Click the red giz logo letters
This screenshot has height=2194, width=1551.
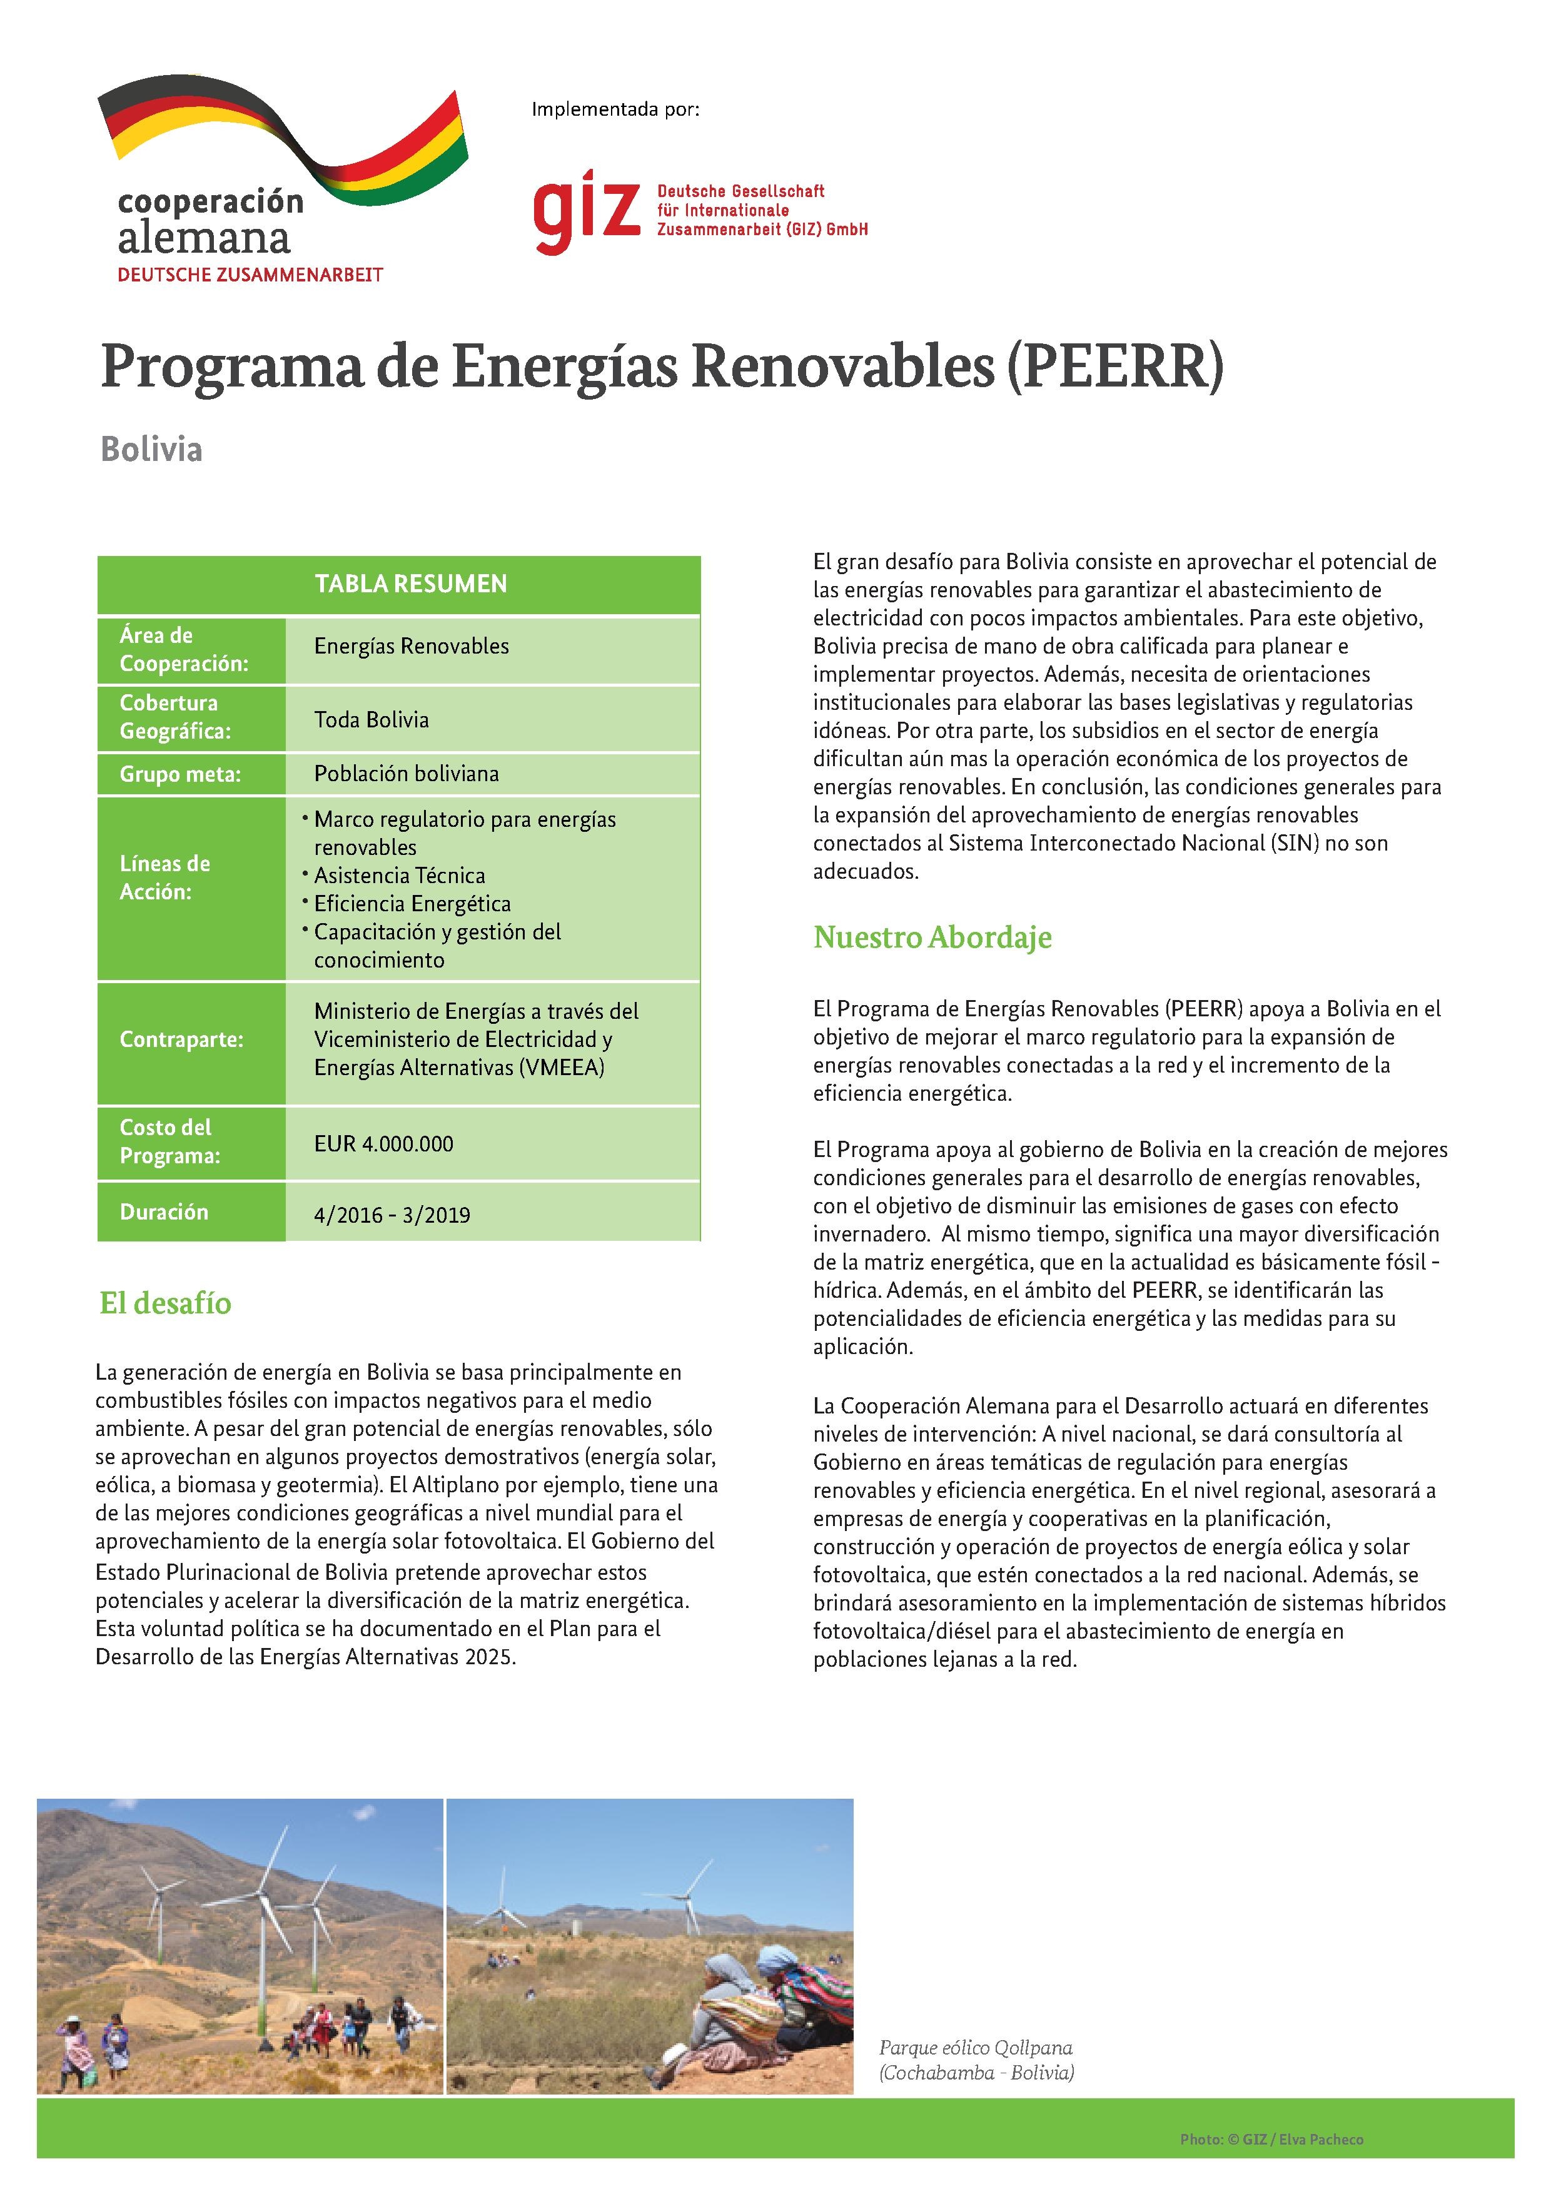pos(585,210)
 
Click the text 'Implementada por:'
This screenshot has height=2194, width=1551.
pos(615,110)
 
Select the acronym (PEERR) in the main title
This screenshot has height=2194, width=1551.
pos(1113,367)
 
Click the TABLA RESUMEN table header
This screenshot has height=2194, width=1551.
pos(411,584)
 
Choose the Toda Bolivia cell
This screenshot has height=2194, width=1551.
pos(371,719)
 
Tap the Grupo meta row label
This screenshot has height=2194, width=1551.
pos(179,774)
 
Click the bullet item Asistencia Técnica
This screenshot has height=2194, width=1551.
pos(400,876)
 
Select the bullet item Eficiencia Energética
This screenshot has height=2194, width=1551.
pos(413,904)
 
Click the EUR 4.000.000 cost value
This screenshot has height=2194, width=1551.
pos(383,1144)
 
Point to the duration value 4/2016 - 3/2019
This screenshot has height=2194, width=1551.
pos(392,1215)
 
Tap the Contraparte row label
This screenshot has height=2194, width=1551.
pos(181,1039)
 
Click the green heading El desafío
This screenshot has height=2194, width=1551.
pos(165,1303)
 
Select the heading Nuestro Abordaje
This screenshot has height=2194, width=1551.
pos(932,938)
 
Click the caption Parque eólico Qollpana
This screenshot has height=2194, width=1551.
pos(976,2048)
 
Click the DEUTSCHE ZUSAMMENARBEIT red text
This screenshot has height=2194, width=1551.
pos(250,275)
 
